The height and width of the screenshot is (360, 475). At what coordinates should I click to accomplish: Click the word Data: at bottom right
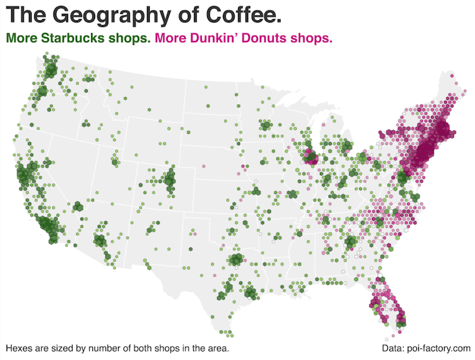394,347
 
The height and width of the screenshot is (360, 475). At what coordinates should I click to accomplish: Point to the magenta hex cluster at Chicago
310,157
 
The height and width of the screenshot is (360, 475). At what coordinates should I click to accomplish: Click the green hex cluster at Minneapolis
266,125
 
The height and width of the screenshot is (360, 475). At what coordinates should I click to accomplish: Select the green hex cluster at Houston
251,293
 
